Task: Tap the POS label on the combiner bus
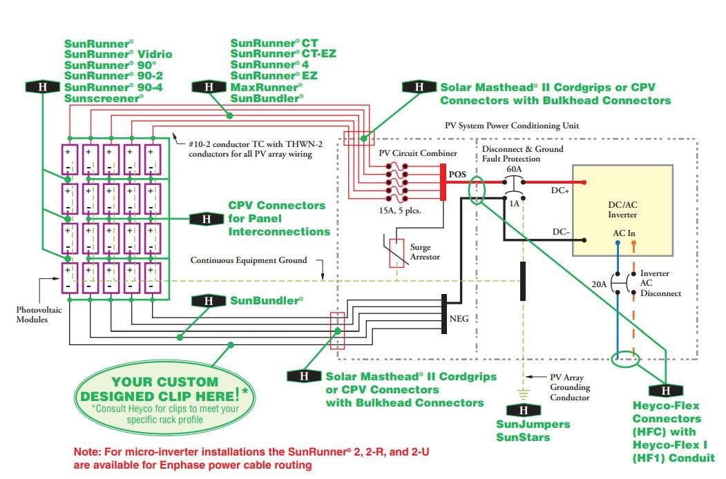458,174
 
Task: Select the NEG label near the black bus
459,320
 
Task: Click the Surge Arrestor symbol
397,253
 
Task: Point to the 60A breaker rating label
514,169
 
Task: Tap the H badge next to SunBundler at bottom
207,301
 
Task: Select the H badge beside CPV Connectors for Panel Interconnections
206,219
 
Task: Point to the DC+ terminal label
560,190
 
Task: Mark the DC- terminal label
560,233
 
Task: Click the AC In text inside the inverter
624,233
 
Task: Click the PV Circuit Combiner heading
417,152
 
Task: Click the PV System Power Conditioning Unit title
511,126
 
